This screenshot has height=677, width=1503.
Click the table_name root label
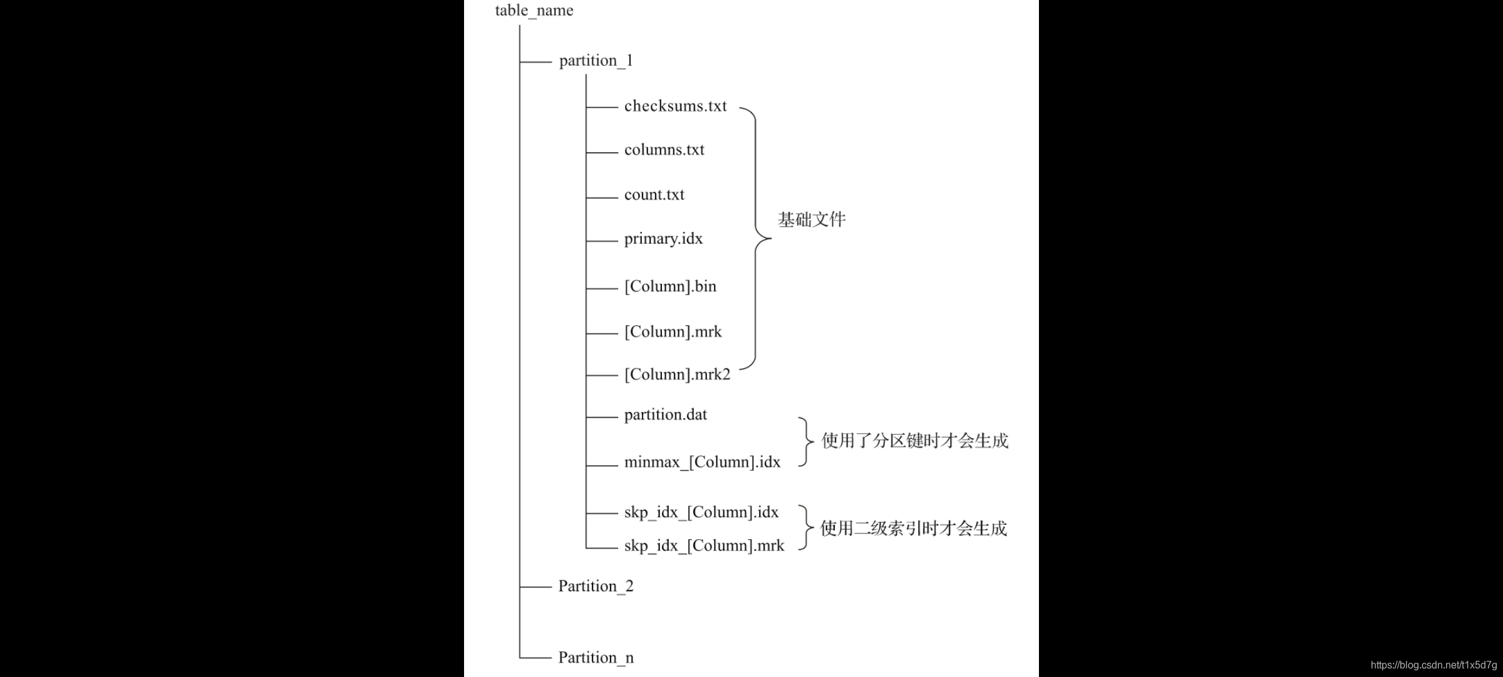coord(534,11)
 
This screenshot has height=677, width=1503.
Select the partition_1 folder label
coord(596,61)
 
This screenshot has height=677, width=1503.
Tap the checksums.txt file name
coord(675,106)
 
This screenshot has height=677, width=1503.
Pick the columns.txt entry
coord(664,150)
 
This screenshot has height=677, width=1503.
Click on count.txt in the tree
coord(654,195)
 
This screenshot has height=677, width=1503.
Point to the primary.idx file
coord(663,239)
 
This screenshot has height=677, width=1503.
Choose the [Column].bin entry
coord(670,286)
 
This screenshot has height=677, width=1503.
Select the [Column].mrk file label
coord(673,332)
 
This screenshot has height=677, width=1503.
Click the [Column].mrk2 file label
coord(677,374)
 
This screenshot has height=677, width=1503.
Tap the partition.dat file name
coord(665,415)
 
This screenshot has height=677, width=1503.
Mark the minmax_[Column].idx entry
coord(702,463)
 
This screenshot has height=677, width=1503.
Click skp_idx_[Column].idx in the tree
coord(701,512)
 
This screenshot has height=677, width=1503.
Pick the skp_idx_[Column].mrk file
coord(704,546)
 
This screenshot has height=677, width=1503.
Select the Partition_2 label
coord(596,586)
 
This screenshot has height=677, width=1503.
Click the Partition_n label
coord(596,658)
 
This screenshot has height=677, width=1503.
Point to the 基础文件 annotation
coord(812,219)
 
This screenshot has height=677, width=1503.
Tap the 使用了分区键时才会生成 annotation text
coord(914,441)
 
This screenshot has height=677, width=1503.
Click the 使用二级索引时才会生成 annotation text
coord(913,528)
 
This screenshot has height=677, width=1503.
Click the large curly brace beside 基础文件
coord(757,238)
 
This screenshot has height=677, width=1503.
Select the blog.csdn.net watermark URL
coord(1433,665)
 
